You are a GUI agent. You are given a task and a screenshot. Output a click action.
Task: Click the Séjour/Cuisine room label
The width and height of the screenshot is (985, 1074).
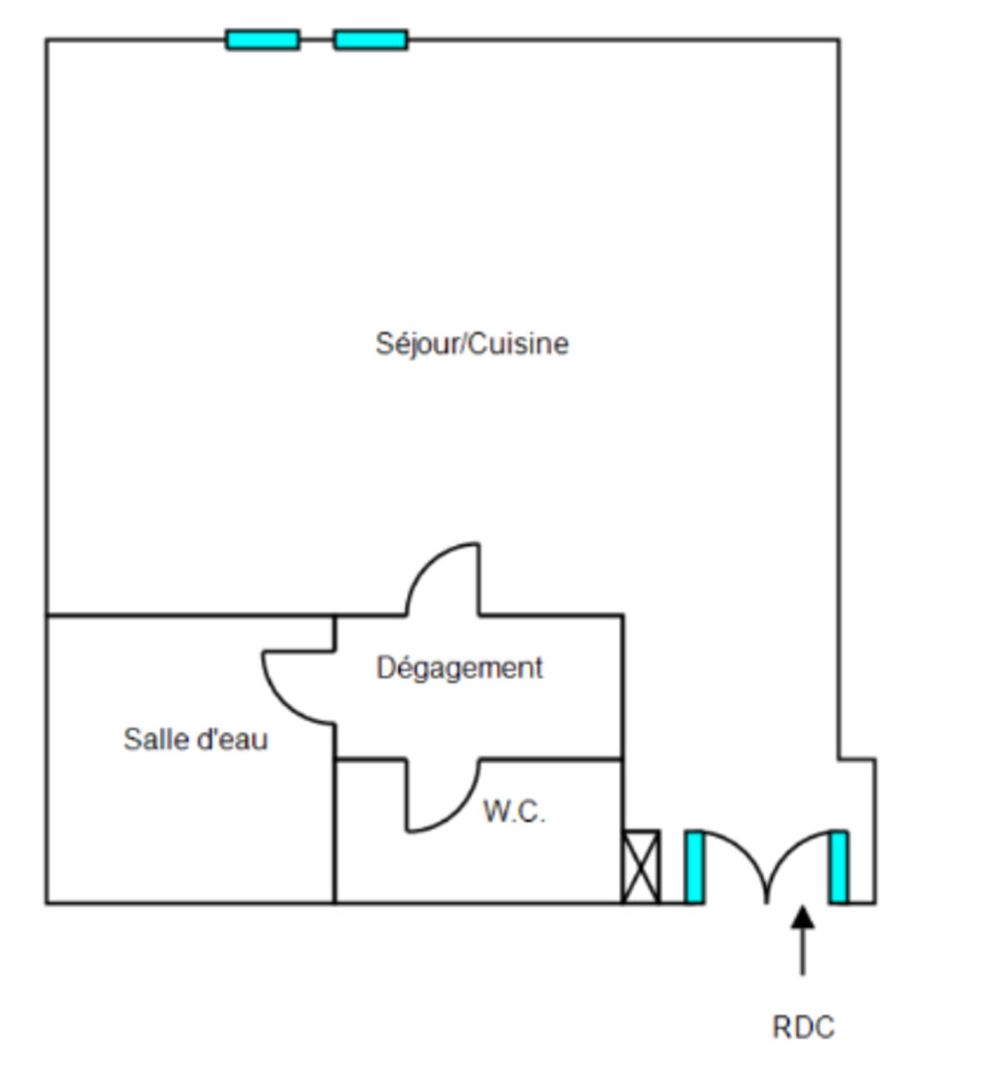pyautogui.click(x=472, y=344)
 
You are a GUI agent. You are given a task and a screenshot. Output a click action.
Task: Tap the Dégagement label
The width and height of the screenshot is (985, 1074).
pyautogui.click(x=460, y=668)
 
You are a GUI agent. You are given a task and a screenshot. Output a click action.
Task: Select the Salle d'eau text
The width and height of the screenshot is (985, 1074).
pyautogui.click(x=196, y=740)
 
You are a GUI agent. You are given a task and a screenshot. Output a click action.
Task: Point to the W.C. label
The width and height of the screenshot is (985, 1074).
pyautogui.click(x=514, y=812)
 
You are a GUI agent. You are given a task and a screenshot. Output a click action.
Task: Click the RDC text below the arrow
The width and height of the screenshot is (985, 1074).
pyautogui.click(x=803, y=1027)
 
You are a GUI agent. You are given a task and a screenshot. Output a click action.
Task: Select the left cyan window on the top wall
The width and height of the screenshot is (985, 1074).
pyautogui.click(x=263, y=40)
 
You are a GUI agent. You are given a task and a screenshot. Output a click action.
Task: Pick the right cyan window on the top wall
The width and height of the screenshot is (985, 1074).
pyautogui.click(x=370, y=40)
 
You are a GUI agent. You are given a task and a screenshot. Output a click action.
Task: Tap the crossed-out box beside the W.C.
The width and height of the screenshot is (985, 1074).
pyautogui.click(x=641, y=866)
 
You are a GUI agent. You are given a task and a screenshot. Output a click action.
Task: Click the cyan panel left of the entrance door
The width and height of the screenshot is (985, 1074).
pyautogui.click(x=694, y=866)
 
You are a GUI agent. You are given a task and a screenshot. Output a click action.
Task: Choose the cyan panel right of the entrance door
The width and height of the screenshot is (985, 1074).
pyautogui.click(x=839, y=866)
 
